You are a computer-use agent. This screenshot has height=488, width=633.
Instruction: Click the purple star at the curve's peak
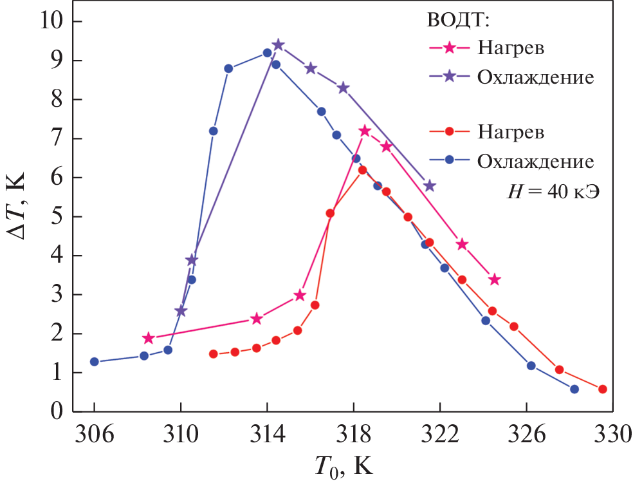278,44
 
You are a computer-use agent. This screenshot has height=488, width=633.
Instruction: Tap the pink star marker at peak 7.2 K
365,131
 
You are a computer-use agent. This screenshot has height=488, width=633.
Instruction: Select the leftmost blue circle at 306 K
95,362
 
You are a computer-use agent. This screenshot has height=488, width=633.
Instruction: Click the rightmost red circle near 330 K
602,389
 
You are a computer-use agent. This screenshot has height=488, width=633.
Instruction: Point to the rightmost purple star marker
429,185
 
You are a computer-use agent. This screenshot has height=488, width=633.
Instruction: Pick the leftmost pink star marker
149,338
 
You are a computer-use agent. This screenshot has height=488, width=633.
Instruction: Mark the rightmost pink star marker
494,279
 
